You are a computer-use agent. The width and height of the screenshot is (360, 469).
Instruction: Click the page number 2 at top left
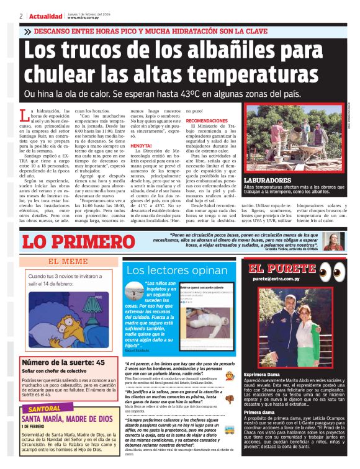[x=21, y=16]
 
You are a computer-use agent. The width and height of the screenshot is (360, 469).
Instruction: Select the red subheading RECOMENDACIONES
[x=207, y=121]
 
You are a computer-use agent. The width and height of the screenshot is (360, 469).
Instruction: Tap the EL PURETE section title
[x=282, y=269]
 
